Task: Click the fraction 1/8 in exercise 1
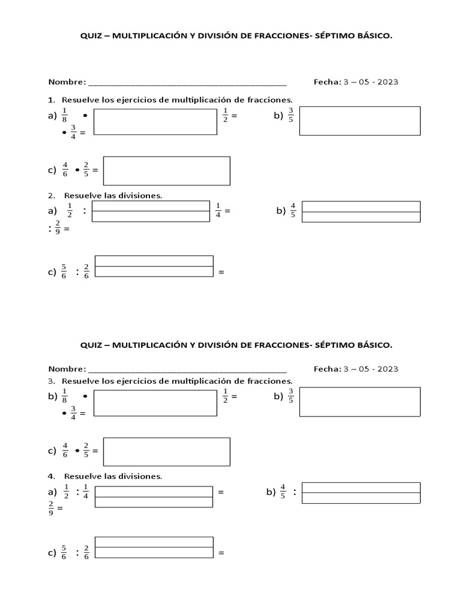pos(65,115)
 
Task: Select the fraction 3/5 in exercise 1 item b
pos(291,115)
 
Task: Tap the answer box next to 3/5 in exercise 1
pos(359,121)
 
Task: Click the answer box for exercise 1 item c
pos(166,171)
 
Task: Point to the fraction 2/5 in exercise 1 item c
pos(86,170)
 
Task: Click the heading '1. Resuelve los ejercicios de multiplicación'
pos(170,99)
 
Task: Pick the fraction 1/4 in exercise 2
pos(218,210)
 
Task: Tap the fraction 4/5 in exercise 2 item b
pos(293,210)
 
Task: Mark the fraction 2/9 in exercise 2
pos(57,228)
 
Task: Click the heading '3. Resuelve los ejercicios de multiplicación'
pos(170,381)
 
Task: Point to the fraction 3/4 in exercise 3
pos(74,412)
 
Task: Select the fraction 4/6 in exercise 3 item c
pos(65,451)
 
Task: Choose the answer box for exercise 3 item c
pos(166,451)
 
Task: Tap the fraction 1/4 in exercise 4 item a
pos(86,492)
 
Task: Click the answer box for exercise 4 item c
pos(154,547)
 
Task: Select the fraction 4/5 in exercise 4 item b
pos(283,492)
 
